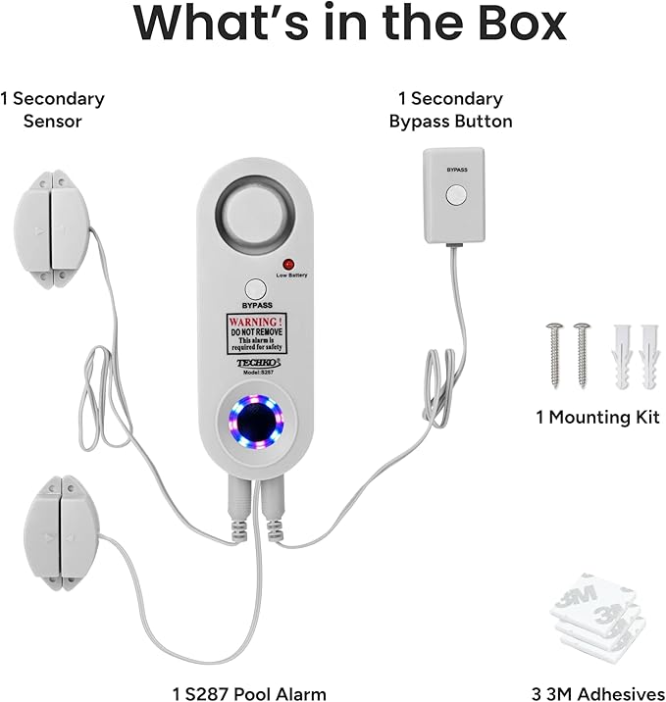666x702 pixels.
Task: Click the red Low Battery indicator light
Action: (x=289, y=264)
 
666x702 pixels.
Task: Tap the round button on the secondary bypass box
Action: (x=456, y=195)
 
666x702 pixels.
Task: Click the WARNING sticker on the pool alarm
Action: (x=256, y=333)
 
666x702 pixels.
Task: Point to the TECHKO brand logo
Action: (x=258, y=362)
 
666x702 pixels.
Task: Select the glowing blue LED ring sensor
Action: (x=256, y=422)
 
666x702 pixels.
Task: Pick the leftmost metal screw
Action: (x=555, y=355)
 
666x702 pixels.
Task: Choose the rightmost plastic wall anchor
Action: (x=649, y=356)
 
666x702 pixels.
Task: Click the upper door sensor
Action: (x=52, y=229)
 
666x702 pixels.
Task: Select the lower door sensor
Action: (x=61, y=532)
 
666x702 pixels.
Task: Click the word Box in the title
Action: (x=523, y=23)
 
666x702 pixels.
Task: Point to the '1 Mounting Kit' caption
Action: (x=598, y=418)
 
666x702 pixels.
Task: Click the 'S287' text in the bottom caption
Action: (x=207, y=693)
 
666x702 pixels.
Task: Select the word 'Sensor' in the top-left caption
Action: (x=52, y=122)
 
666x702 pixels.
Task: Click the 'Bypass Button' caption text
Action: (x=450, y=122)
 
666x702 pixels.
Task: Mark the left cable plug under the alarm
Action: (x=239, y=508)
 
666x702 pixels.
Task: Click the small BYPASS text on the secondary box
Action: (x=457, y=170)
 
